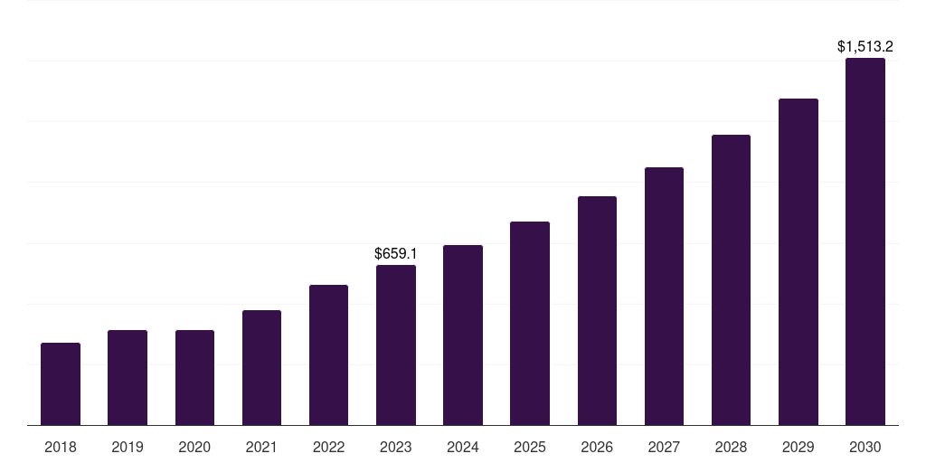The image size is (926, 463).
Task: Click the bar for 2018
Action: tap(61, 384)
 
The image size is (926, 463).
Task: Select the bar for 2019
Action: tap(128, 378)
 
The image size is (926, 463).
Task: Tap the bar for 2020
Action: tap(194, 378)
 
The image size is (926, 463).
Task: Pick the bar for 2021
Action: tap(261, 368)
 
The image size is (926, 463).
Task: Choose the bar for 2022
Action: tap(328, 355)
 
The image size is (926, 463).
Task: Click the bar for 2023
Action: tap(396, 345)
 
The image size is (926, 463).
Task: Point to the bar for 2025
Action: tap(530, 324)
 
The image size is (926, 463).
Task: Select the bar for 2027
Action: tap(664, 297)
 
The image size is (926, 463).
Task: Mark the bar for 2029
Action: tap(798, 262)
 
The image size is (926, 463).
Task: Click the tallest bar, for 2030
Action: tap(865, 241)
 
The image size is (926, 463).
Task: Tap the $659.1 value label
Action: tap(396, 254)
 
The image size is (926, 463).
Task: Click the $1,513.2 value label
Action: tap(865, 46)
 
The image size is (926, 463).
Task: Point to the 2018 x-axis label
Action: tap(61, 447)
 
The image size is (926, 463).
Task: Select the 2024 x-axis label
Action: tap(463, 447)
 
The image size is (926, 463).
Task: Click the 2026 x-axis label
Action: tap(597, 447)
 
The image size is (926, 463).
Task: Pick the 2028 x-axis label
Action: tap(731, 447)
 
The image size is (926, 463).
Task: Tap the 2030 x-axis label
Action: tap(865, 447)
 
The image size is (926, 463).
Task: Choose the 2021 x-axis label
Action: tap(261, 447)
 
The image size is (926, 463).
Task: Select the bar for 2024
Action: tap(463, 335)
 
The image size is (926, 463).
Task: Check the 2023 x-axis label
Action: tap(396, 447)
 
